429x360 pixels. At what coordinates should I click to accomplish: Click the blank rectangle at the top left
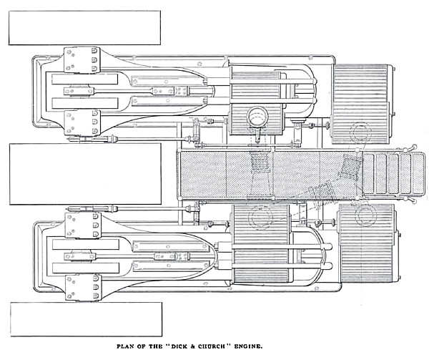pos(84,28)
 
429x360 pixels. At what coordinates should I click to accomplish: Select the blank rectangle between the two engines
pos(84,174)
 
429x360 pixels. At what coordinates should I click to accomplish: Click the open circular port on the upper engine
pos(256,115)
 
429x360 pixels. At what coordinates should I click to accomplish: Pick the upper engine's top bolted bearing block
pos(81,59)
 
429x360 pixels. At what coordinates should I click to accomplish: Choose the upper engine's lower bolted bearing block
pos(81,122)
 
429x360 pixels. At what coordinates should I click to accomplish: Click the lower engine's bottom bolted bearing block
pos(81,286)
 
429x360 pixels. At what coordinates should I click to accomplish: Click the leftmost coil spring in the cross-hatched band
pos(262,172)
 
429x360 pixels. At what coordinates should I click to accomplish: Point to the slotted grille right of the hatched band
pos(390,173)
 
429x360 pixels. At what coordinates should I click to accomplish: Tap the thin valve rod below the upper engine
pos(143,138)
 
